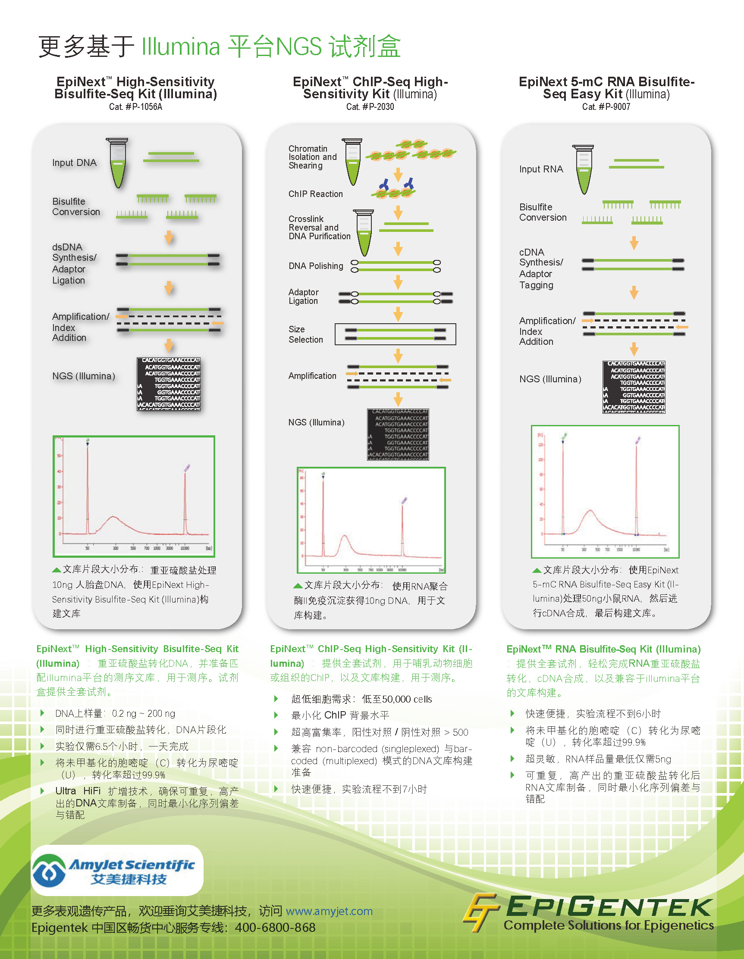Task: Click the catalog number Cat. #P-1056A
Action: coord(135,107)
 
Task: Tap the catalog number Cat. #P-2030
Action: coord(370,107)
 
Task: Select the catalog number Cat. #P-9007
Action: coord(606,107)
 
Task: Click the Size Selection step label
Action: coord(305,334)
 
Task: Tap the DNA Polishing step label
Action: coord(316,266)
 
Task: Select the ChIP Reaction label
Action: coord(315,194)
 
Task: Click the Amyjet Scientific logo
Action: coord(117,870)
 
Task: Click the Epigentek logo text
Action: coord(609,907)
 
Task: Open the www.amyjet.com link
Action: coord(329,911)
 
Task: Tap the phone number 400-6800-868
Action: coord(275,928)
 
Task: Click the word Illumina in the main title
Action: coord(181,46)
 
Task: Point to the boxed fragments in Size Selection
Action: coord(395,334)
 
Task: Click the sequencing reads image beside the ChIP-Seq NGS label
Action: coord(398,434)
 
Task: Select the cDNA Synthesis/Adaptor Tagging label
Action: coord(540,268)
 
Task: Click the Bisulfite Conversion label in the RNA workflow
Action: coord(543,212)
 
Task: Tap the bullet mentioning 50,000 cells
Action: coord(361,699)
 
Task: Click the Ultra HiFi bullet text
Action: coord(147,803)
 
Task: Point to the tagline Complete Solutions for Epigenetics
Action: coord(608,925)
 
